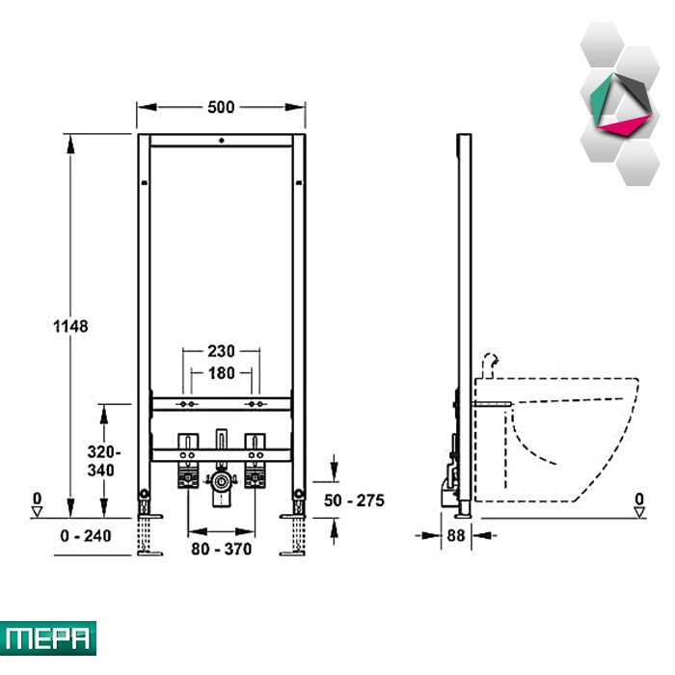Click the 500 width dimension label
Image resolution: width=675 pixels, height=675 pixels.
coord(222,107)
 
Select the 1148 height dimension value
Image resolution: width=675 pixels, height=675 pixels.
coord(70,326)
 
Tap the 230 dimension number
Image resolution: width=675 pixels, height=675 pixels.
coord(222,352)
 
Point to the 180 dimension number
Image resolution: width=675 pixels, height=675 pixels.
coord(222,371)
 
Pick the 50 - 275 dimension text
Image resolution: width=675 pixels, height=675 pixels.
coord(354,500)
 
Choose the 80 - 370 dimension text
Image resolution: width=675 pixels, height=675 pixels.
coord(221,549)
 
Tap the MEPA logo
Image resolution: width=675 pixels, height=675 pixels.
coord(48,637)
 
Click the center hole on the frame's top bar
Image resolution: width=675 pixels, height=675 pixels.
coord(222,141)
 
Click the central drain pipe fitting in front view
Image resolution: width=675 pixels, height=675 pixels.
coord(222,481)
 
